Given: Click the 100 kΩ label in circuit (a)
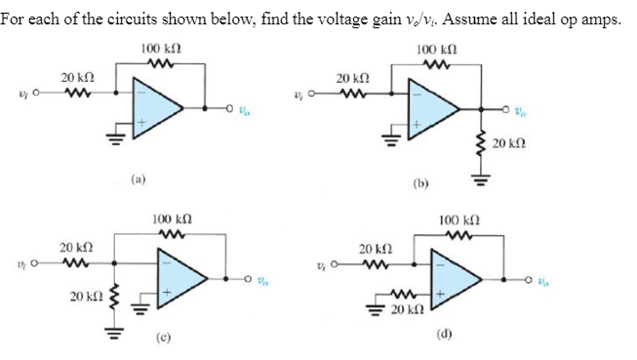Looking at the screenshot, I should point(157,49).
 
